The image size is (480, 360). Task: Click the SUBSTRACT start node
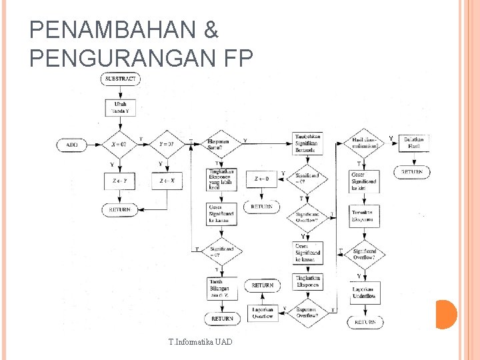pos(121,79)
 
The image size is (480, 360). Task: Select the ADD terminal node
pos(71,145)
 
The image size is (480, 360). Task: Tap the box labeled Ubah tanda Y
pos(121,108)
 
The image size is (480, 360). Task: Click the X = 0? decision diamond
pos(121,145)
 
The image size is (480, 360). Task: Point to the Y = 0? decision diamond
pos(167,145)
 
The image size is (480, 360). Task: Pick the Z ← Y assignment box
pos(121,181)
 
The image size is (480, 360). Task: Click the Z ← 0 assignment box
pos(262,179)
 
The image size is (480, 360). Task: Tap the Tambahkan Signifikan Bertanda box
pos(307,143)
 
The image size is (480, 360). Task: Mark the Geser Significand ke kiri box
pos(364,181)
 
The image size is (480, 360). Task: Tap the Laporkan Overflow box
pos(262,313)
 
